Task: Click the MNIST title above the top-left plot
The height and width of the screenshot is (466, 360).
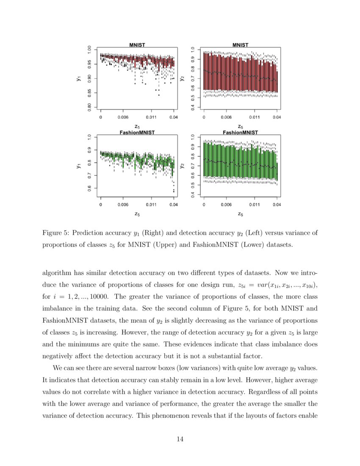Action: (x=137, y=44)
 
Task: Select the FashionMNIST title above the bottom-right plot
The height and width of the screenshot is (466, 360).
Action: (x=240, y=132)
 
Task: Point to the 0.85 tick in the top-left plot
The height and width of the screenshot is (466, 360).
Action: (x=89, y=93)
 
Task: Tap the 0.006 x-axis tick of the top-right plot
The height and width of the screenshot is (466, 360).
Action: (x=227, y=116)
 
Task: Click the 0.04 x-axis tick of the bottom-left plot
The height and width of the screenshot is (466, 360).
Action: (x=173, y=204)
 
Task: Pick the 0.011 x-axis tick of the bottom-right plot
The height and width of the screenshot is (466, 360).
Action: (x=255, y=204)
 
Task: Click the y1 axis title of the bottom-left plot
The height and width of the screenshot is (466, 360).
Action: (x=79, y=166)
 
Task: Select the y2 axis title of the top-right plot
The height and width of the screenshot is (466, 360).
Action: (x=182, y=78)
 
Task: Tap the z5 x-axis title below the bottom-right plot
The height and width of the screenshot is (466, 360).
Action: (x=240, y=214)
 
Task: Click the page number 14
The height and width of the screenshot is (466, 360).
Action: (x=180, y=439)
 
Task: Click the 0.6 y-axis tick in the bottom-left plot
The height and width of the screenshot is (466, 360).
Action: (x=89, y=188)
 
